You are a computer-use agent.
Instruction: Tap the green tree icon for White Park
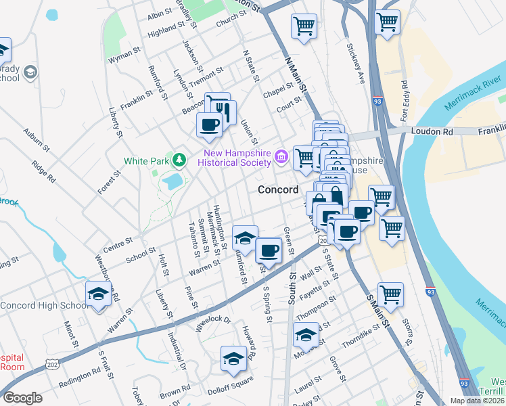pos(179,160)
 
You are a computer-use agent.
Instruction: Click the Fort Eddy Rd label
pos(405,100)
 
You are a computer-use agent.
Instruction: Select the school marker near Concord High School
pos(99,295)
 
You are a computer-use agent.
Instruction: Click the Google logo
pos(22,397)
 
